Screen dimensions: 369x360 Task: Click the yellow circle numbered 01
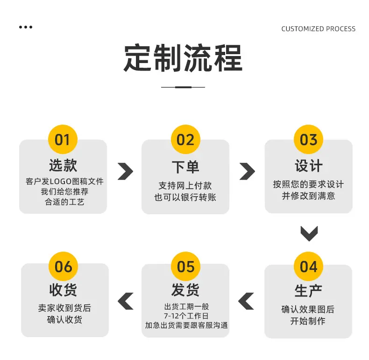[x=63, y=139]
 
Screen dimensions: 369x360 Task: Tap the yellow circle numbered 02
[x=185, y=139]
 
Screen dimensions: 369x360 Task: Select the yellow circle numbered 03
[x=308, y=139]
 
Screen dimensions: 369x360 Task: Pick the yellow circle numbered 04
[x=308, y=266]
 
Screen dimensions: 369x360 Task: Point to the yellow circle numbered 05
[x=186, y=266]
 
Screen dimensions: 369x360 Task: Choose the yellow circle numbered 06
[x=63, y=266]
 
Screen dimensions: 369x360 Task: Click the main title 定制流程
[x=183, y=58]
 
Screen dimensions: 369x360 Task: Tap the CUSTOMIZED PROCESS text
[x=319, y=28]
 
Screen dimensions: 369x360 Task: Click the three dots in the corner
[x=26, y=27]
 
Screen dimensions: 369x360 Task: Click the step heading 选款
[x=63, y=165]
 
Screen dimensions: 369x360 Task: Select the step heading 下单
[x=185, y=167]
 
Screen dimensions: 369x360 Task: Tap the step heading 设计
[x=309, y=165]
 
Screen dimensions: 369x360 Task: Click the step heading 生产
[x=308, y=291]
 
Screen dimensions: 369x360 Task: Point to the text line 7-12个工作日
[x=186, y=316]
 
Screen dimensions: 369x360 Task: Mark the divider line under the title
[x=183, y=87]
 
